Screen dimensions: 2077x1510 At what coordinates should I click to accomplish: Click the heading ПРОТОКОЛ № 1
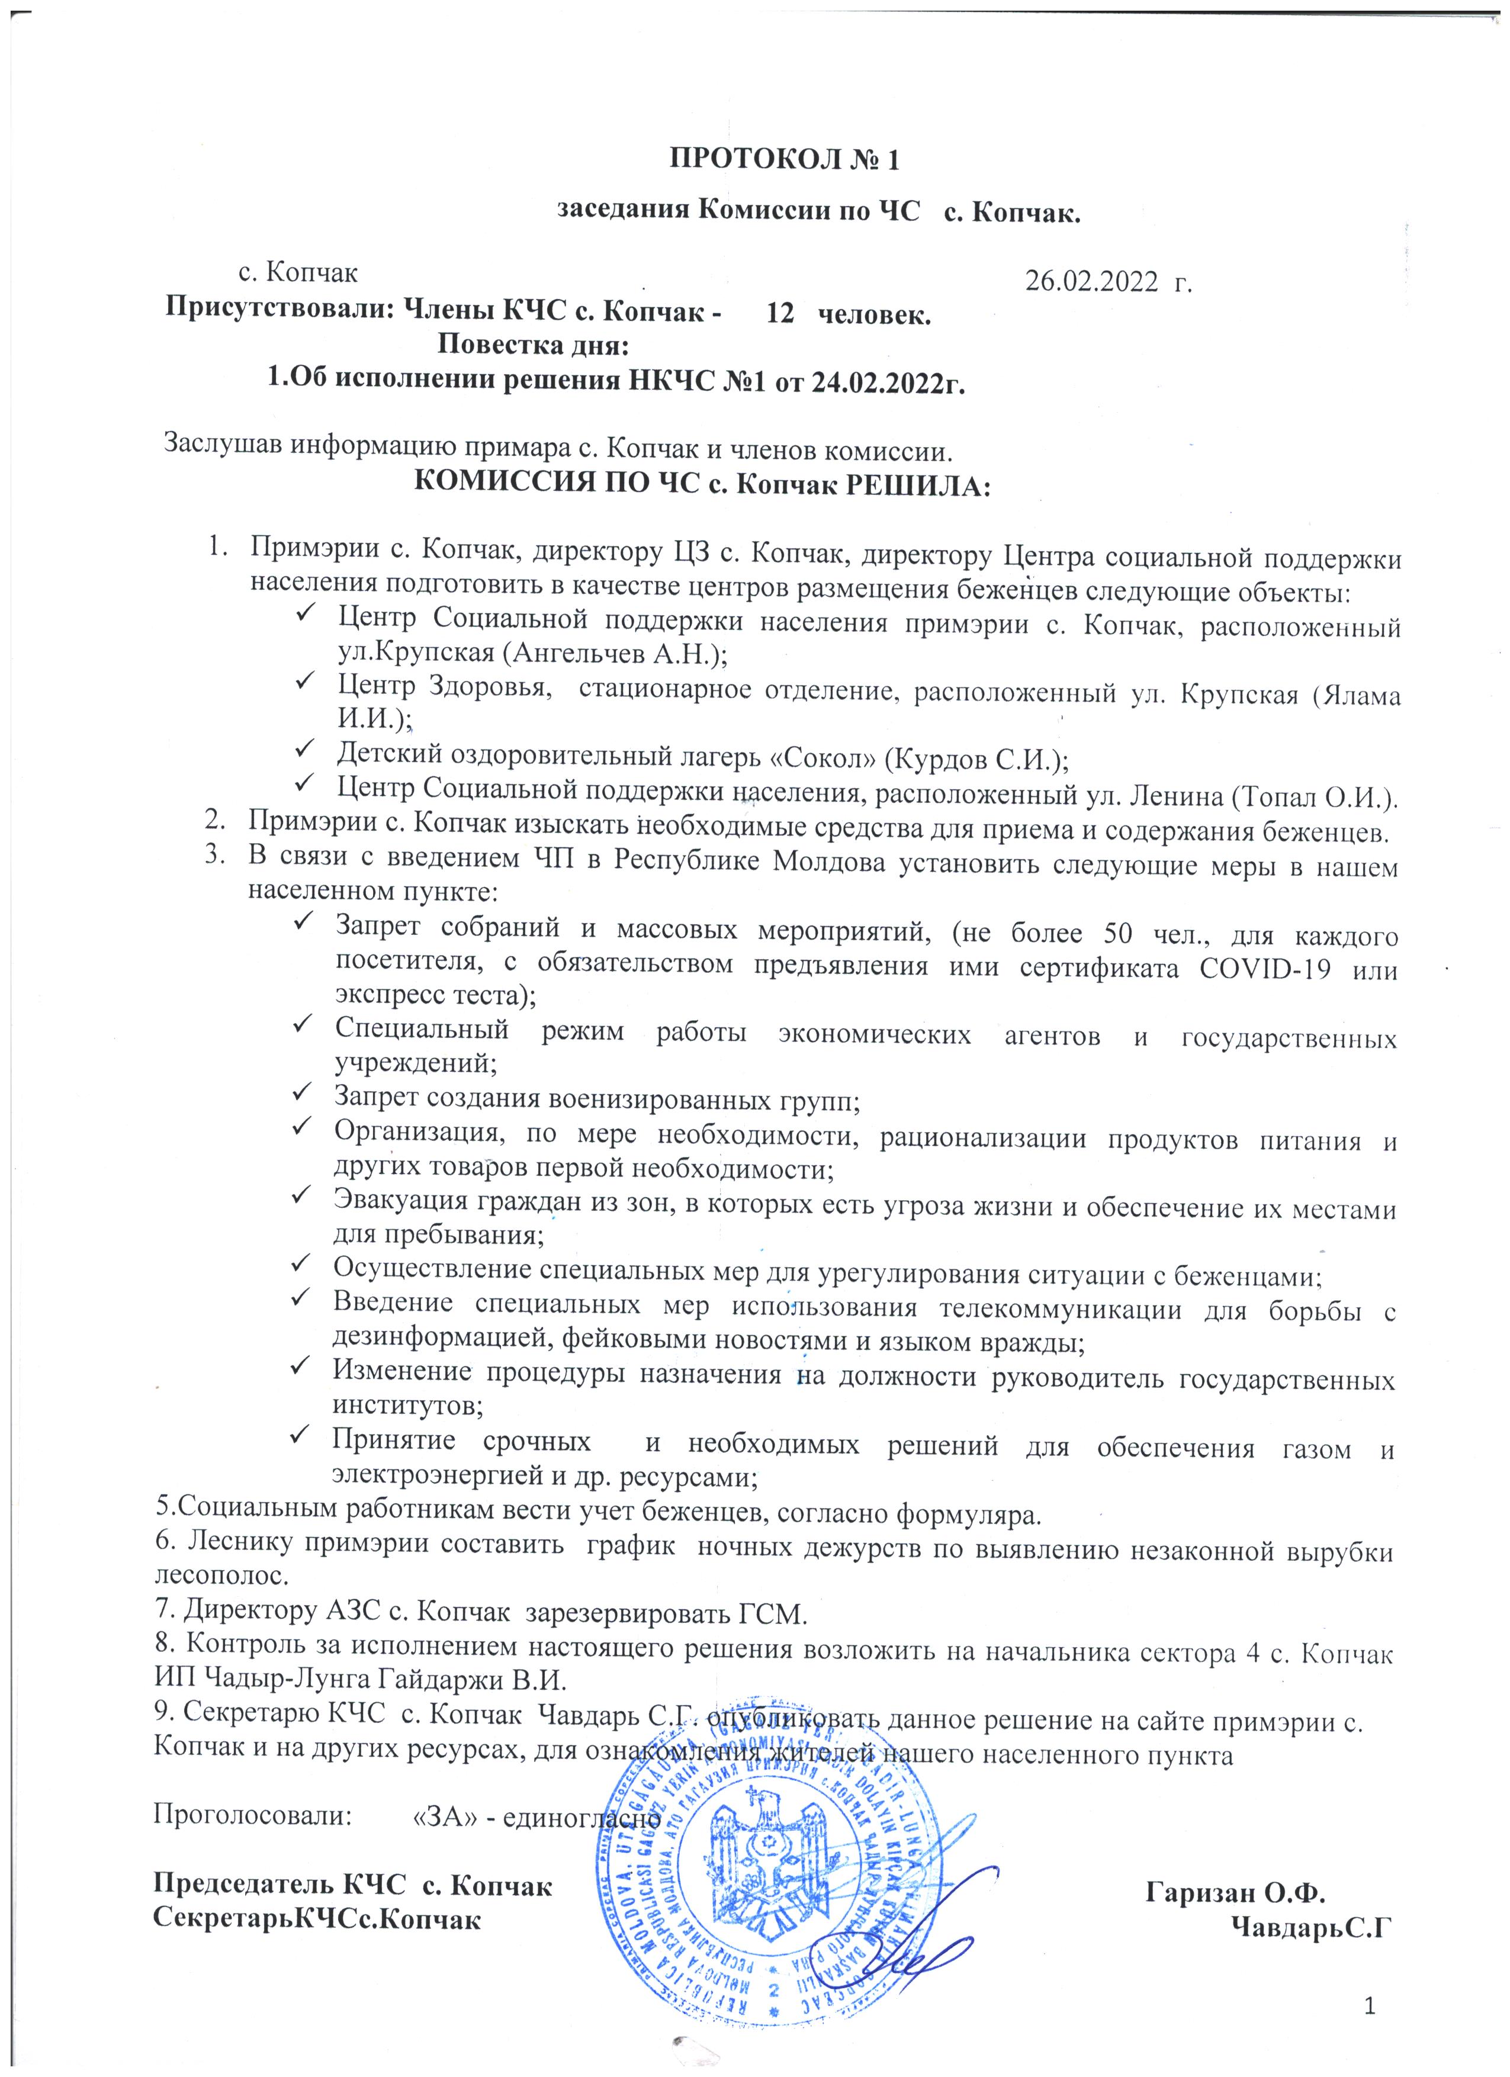point(785,160)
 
